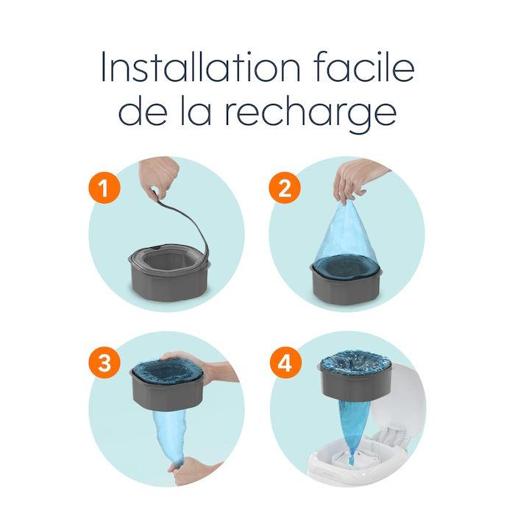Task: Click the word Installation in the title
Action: coord(200,66)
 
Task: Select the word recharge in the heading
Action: coord(310,113)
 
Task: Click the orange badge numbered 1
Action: coord(104,188)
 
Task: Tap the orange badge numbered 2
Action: coord(285,188)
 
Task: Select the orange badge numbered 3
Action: coord(104,363)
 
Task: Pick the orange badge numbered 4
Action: coord(285,363)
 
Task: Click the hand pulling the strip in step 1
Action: coord(160,177)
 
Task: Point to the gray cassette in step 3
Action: coord(168,389)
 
